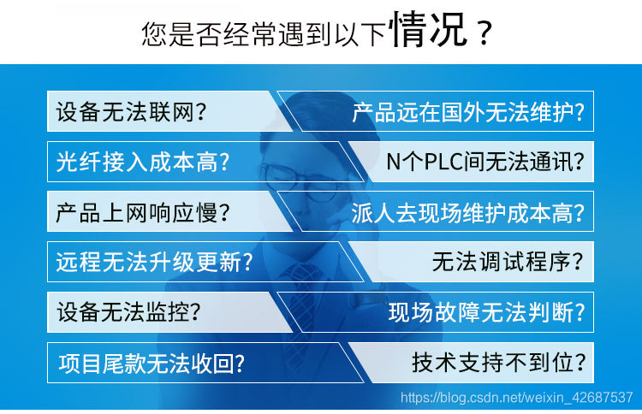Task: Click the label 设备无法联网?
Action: tap(132, 112)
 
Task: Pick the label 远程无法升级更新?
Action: tap(154, 262)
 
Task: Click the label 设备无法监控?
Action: tap(132, 311)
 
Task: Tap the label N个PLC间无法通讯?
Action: tap(487, 163)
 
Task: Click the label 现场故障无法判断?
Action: tap(487, 311)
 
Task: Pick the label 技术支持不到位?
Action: tap(498, 363)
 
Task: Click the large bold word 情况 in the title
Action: tap(428, 32)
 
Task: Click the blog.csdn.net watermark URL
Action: tap(516, 398)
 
